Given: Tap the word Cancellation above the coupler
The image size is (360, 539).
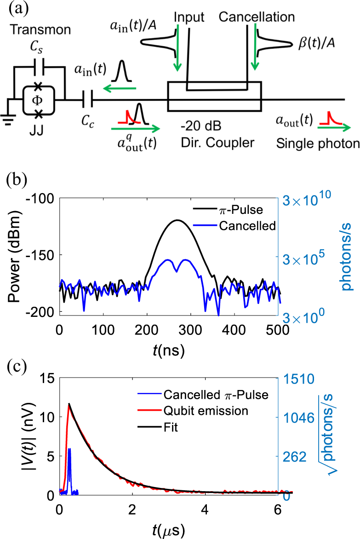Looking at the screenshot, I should tap(257, 18).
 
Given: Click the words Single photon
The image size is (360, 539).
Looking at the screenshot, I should tap(317, 143).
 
